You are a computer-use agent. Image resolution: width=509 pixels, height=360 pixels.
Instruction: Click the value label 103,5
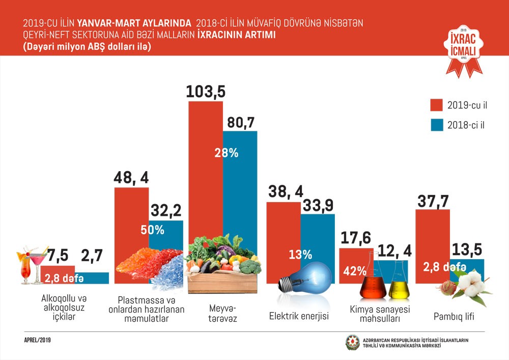206,92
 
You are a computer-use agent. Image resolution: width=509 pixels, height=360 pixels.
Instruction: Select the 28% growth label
226,153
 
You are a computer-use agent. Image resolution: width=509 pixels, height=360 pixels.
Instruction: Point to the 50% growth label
153,230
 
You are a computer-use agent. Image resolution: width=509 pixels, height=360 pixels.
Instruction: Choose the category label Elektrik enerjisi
299,316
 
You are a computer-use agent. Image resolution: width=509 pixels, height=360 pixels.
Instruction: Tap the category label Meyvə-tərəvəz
222,314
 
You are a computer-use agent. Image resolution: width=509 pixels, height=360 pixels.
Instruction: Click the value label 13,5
467,250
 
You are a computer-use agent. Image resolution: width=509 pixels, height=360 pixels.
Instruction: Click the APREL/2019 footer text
38,340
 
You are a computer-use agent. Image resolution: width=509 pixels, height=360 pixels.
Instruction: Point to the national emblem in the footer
352,343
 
